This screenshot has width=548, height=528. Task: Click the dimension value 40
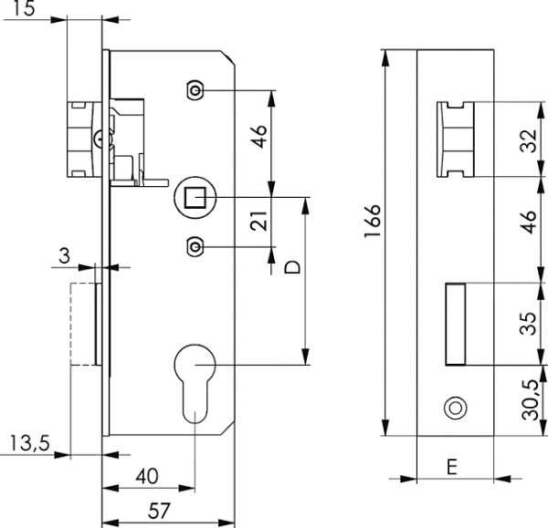[148, 476]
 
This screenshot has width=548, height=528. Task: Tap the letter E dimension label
[452, 466]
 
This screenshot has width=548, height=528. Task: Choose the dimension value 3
[63, 256]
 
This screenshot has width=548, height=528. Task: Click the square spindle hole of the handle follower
[195, 196]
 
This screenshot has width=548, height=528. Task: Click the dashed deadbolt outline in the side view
[84, 324]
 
